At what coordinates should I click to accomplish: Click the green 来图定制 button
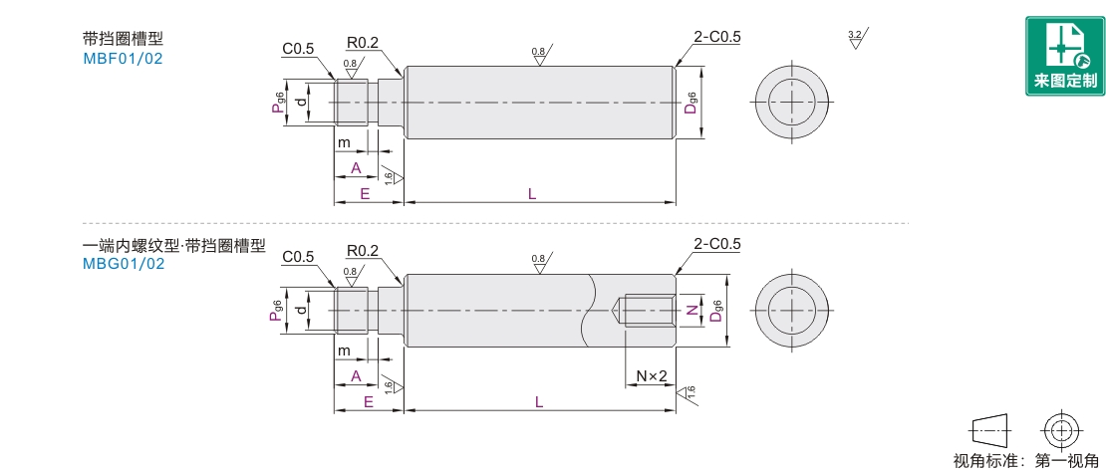(1065, 57)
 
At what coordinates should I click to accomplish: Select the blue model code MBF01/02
(123, 59)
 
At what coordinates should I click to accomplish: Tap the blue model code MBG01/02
(124, 265)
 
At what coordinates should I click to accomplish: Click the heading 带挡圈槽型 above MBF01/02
(123, 39)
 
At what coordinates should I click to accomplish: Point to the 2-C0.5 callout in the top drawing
(717, 38)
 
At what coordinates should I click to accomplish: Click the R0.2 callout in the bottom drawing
(363, 251)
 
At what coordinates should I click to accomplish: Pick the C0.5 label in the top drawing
(298, 49)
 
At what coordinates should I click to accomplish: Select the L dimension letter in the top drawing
(532, 194)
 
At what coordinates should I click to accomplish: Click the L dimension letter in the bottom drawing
(538, 402)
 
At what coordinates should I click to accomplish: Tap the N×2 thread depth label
(652, 376)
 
